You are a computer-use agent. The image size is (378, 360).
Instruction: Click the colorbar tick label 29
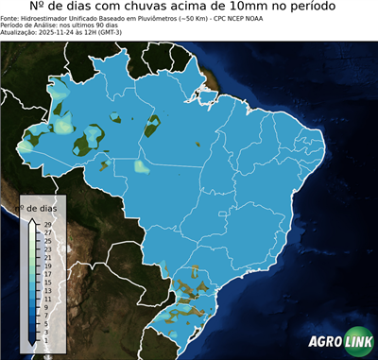pyautogui.click(x=47, y=225)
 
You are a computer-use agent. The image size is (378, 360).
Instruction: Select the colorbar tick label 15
pyautogui.click(x=47, y=274)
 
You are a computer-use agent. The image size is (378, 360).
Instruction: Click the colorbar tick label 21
pyautogui.click(x=47, y=253)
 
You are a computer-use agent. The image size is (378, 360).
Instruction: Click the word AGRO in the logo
pyautogui.click(x=325, y=341)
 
